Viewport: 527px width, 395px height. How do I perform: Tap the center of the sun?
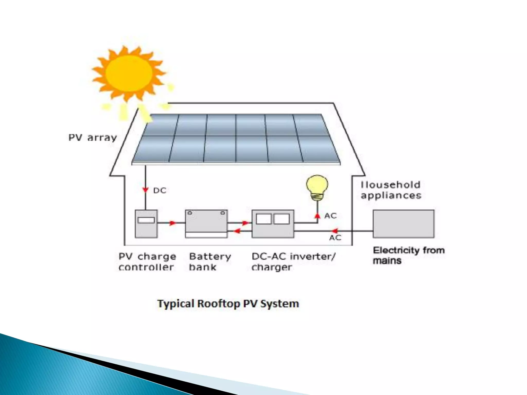coord(129,73)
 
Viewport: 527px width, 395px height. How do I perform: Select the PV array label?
coord(93,138)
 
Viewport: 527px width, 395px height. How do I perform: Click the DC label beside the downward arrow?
coord(160,191)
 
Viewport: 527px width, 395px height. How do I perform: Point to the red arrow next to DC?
coord(146,190)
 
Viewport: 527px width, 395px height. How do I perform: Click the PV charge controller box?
coord(146,224)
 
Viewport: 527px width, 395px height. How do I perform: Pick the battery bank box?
coord(206,224)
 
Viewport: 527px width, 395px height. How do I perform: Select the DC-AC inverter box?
coord(273,224)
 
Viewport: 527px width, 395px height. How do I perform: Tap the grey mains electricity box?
coord(403,224)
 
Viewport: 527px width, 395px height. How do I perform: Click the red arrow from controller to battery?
coord(172,223)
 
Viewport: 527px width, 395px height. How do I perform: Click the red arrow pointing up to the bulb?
coord(318,216)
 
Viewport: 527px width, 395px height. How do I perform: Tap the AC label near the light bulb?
coord(330,216)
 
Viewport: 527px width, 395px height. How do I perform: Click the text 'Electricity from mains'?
coord(409,255)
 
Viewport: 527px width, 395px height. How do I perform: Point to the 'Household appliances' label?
coord(391,190)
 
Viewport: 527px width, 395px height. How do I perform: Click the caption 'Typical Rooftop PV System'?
coord(228,304)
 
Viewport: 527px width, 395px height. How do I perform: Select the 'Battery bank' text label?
coord(210,262)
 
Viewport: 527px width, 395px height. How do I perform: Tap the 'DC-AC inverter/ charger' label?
coord(293,262)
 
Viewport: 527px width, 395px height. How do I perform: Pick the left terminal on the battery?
coord(190,213)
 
